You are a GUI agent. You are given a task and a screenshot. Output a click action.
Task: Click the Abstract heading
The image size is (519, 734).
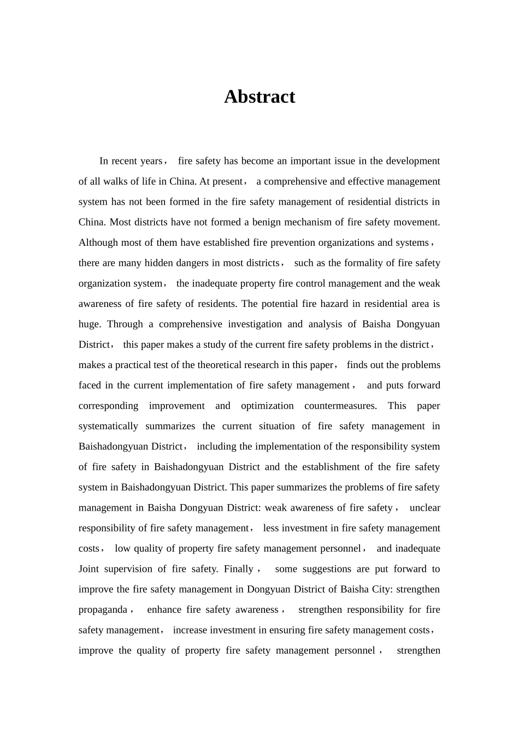pyautogui.click(x=259, y=97)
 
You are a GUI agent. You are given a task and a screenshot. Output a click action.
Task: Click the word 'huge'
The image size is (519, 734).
pyautogui.click(x=89, y=324)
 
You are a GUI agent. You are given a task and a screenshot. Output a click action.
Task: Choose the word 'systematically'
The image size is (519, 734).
pyautogui.click(x=108, y=426)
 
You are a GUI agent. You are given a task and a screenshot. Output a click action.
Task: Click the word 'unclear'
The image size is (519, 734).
pyautogui.click(x=424, y=508)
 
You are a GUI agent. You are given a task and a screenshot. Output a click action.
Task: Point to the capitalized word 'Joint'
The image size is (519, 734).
pyautogui.click(x=89, y=569)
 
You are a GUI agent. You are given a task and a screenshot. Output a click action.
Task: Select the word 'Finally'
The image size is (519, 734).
pyautogui.click(x=239, y=569)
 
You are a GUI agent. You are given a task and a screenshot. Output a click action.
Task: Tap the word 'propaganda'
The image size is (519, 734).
pyautogui.click(x=103, y=609)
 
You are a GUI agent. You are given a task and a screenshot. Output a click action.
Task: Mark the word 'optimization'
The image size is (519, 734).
pyautogui.click(x=267, y=406)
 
